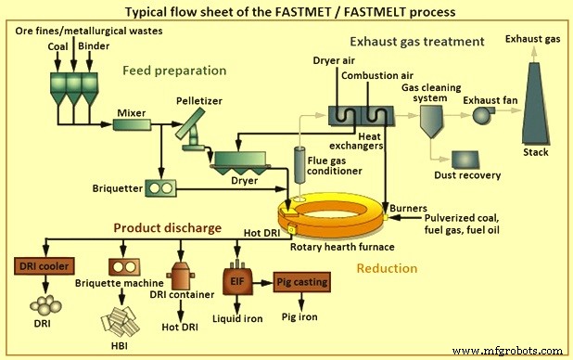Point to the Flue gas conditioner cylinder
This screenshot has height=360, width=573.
[299, 161]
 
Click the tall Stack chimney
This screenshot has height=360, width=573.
[535, 107]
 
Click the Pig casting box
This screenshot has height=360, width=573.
[303, 281]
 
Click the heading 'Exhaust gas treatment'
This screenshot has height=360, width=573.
[416, 42]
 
